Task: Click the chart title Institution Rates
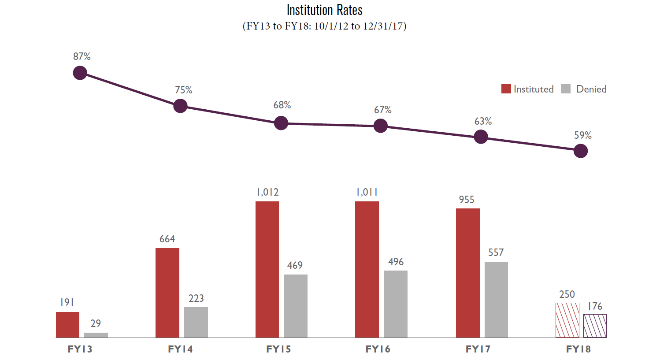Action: (324, 10)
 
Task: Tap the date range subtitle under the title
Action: (324, 26)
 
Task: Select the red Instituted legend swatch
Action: (506, 89)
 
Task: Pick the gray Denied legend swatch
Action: (566, 89)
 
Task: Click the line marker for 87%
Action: (80, 73)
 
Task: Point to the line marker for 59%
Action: (581, 151)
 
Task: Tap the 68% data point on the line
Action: (281, 123)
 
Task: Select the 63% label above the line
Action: (483, 121)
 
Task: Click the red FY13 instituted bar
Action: (67, 325)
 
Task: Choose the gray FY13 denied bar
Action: (96, 335)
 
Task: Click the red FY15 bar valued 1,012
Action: (267, 269)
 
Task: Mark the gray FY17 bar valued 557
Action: (496, 300)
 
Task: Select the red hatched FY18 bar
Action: (567, 320)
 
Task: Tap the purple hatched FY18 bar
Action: (595, 326)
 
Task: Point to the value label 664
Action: (167, 239)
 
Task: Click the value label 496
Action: (396, 262)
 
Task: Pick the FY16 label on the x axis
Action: (378, 349)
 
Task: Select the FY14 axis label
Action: (180, 349)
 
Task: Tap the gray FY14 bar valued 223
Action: (196, 322)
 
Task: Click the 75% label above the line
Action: (183, 90)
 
